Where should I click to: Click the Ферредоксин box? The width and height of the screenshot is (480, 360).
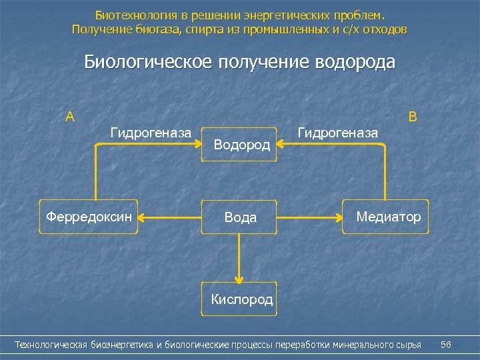point(89,217)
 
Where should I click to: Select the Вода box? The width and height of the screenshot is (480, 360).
point(240,217)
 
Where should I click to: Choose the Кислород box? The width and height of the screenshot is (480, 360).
point(241,299)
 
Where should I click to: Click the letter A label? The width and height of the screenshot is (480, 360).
point(70,117)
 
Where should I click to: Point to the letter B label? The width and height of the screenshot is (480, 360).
point(413,117)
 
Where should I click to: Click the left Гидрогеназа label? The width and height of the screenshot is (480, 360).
point(151,133)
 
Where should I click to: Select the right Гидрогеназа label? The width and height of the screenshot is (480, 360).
point(337,133)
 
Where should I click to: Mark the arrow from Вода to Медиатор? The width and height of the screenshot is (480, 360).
point(310,217)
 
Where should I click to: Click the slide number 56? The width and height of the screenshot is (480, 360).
point(446,345)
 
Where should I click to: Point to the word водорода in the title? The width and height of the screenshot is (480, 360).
point(355,62)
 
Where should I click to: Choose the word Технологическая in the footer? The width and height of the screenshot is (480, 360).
point(51,345)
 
